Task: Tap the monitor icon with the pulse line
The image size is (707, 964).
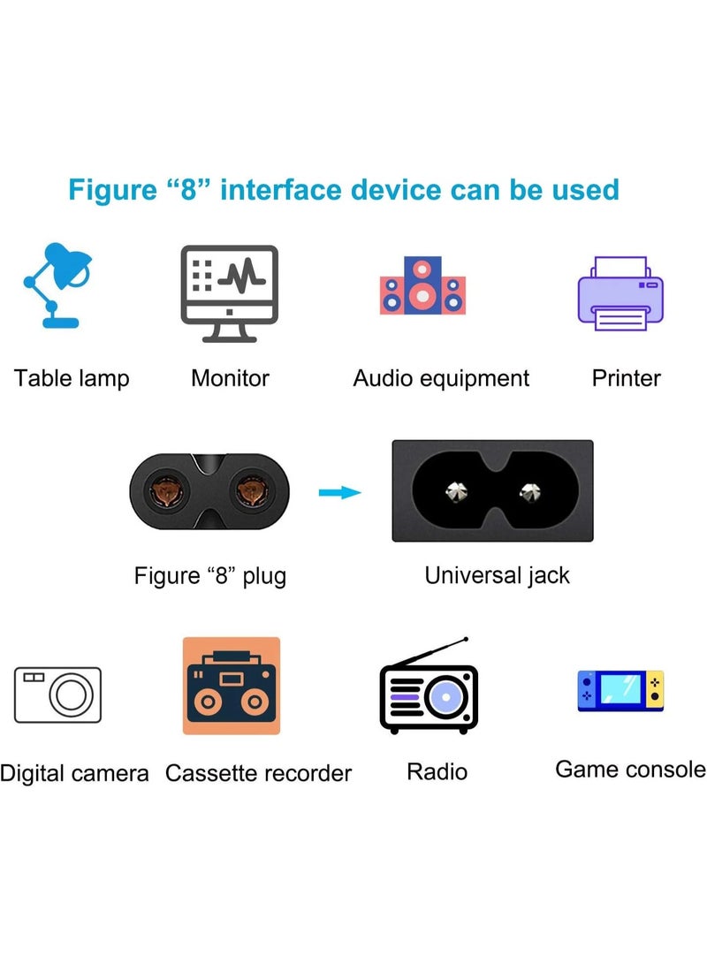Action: [x=229, y=293]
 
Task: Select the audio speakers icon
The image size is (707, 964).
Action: [x=422, y=286]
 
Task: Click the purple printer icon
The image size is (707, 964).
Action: [x=620, y=293]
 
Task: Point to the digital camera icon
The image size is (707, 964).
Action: [x=57, y=695]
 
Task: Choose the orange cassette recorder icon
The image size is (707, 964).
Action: [x=232, y=686]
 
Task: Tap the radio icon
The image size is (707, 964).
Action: [x=429, y=687]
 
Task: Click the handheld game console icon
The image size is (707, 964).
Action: [x=620, y=690]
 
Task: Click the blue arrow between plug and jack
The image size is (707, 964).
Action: [x=339, y=492]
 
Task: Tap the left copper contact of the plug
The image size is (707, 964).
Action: [x=167, y=491]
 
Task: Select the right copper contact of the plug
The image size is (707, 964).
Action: [x=252, y=491]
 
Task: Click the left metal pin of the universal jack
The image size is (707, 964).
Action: [x=455, y=491]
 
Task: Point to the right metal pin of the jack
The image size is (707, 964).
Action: [x=530, y=491]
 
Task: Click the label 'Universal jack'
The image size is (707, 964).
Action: [x=497, y=576]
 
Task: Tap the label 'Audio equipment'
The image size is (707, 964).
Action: [x=441, y=379]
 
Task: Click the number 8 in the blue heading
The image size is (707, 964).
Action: [x=188, y=190]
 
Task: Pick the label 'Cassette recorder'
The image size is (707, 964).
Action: [x=258, y=773]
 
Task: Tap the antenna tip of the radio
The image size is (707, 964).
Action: [x=466, y=640]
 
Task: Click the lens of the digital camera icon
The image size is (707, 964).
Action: [x=72, y=695]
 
